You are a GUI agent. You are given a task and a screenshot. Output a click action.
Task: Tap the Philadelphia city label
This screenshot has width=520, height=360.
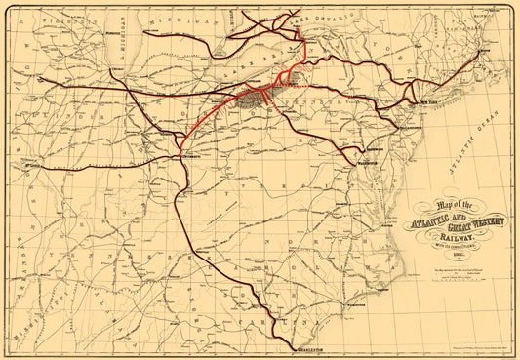(x=400, y=124)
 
